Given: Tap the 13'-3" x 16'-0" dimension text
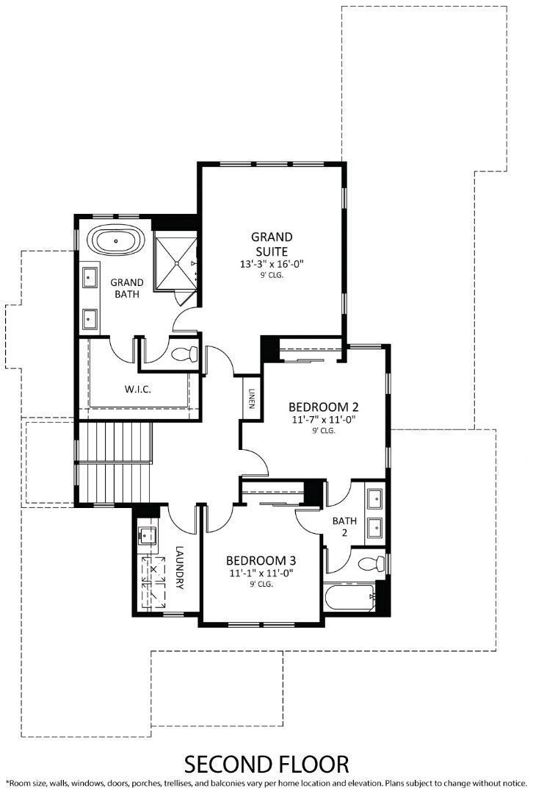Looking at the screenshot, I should [x=272, y=264].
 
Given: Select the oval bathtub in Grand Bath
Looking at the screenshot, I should [x=117, y=242].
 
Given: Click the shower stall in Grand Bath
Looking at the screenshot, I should [x=175, y=261].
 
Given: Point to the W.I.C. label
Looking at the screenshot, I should [x=138, y=389].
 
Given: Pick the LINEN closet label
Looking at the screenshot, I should [x=252, y=398].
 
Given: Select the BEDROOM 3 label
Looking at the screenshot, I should [x=261, y=558].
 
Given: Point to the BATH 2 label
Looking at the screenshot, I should [x=344, y=526].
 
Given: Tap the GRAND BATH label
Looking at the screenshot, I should [x=127, y=289].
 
